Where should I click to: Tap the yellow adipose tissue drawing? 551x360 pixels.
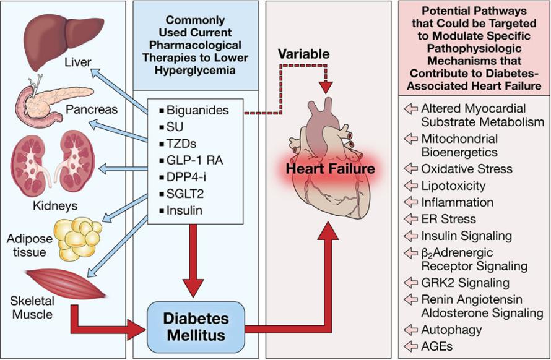pyautogui.click(x=77, y=239)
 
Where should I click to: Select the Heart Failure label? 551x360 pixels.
pyautogui.click(x=331, y=168)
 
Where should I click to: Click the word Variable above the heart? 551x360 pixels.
pyautogui.click(x=302, y=54)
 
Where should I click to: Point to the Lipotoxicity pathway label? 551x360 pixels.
pyautogui.click(x=453, y=186)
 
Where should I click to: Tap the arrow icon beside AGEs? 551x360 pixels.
pyautogui.click(x=410, y=345)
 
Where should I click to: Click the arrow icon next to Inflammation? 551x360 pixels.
pyautogui.click(x=410, y=202)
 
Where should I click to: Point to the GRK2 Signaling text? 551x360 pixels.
pyautogui.click(x=456, y=283)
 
